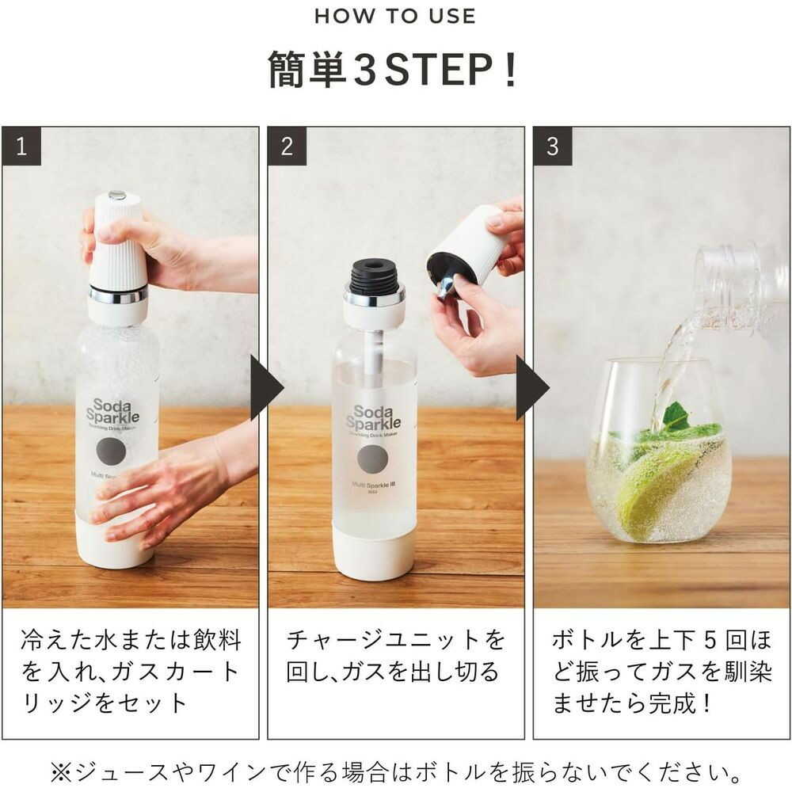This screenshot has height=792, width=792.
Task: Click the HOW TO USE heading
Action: (395, 16)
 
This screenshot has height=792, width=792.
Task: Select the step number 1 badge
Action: (21, 146)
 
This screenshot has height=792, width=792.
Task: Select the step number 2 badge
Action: (287, 146)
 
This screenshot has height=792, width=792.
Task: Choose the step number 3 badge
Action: (552, 146)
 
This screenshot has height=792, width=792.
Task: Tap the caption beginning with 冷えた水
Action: (130, 671)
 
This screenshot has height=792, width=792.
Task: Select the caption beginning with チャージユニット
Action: (394, 656)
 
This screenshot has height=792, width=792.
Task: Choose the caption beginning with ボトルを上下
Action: (661, 671)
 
